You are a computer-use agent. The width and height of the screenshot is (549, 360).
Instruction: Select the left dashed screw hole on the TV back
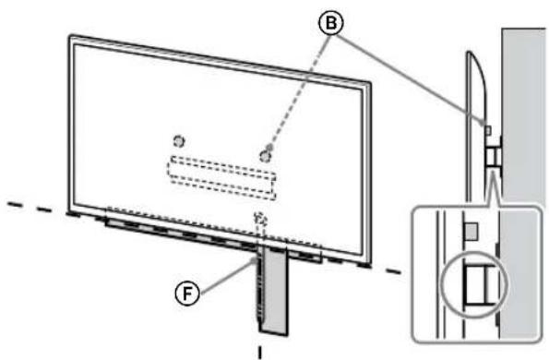click(179, 140)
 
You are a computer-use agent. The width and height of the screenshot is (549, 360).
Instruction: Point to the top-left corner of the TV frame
click(69, 38)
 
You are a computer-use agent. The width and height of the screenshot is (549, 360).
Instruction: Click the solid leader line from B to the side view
click(406, 75)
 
